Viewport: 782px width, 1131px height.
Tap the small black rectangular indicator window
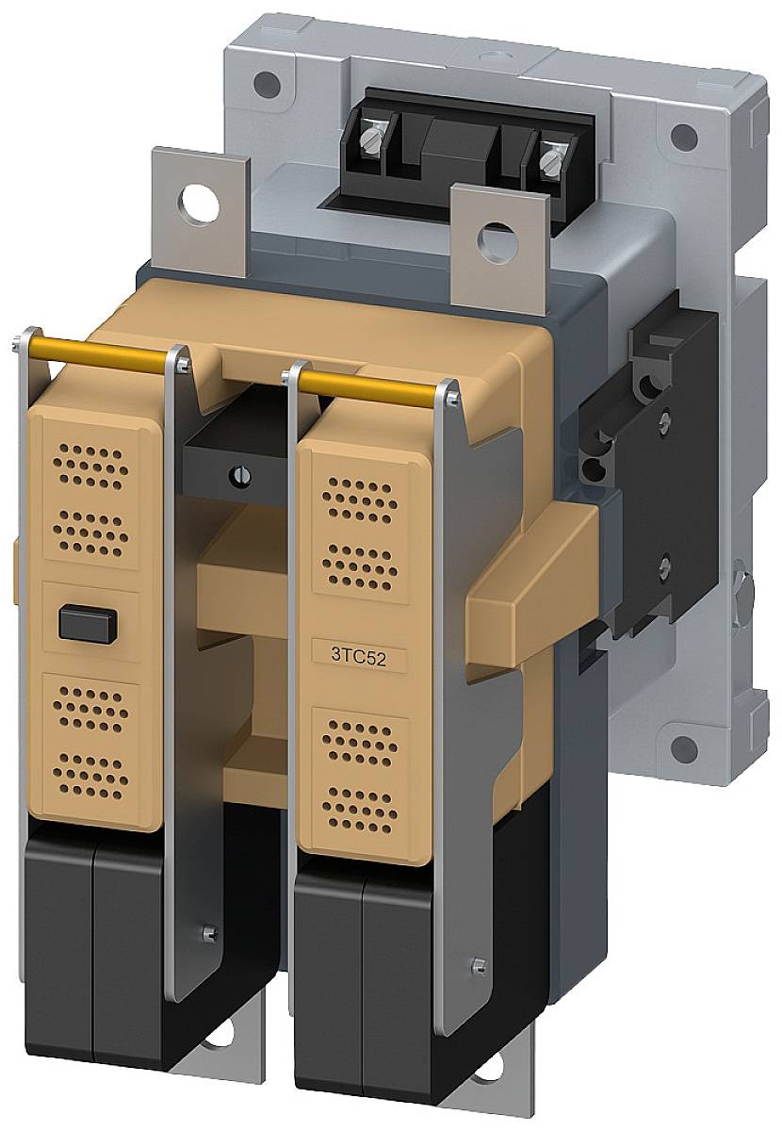(88, 622)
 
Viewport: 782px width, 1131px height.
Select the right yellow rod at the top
(370, 381)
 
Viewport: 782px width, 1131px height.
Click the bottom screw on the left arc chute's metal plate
(208, 933)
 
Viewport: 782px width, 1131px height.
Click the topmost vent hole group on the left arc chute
(89, 463)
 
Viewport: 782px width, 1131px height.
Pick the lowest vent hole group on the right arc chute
(360, 804)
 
